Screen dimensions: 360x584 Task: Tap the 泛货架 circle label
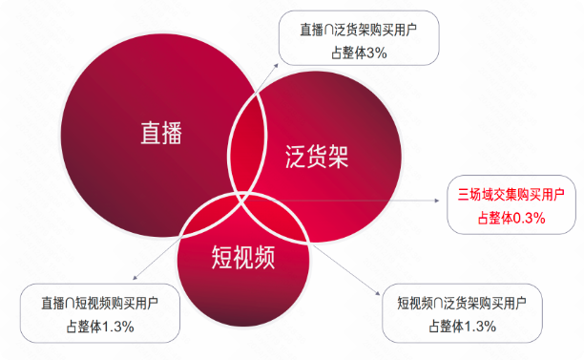coord(318,157)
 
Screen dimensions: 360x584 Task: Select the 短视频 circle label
coord(246,255)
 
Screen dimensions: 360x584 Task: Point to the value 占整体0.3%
coord(511,218)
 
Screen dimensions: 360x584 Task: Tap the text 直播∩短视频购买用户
coord(99,304)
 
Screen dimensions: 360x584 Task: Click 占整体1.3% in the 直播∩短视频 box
coord(99,327)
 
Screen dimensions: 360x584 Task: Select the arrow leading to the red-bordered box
coord(382,201)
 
